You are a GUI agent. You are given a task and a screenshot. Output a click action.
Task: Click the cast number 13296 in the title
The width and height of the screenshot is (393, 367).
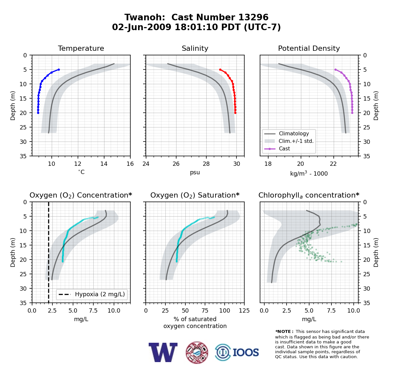click(253, 17)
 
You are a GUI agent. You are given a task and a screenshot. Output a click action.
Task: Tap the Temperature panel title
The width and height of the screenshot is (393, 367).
click(81, 48)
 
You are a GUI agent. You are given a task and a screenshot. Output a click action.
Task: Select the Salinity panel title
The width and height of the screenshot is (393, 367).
click(195, 48)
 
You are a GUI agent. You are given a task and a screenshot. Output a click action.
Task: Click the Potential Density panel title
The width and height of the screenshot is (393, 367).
click(309, 48)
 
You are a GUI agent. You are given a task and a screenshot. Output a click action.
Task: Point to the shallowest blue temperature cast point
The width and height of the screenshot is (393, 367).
click(59, 70)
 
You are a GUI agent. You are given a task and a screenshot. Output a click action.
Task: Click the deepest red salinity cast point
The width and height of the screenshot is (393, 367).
click(235, 113)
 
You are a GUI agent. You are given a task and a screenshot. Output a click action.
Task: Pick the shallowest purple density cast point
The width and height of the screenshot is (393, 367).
click(335, 70)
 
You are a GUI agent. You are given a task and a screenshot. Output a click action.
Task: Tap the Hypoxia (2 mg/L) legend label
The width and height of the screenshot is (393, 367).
click(100, 294)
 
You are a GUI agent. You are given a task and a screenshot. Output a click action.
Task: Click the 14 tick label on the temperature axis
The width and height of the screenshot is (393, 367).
click(104, 164)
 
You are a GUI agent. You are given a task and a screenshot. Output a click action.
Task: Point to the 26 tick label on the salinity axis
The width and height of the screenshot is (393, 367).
click(176, 164)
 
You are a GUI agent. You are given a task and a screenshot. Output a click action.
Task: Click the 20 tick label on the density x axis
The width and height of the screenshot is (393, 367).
click(301, 164)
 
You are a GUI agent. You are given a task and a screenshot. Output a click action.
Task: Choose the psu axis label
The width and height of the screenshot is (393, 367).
click(195, 172)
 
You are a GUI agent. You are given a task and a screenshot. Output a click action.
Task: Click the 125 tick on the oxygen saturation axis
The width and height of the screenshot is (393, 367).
click(244, 311)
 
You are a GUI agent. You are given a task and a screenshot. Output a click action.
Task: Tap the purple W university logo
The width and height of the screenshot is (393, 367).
click(163, 353)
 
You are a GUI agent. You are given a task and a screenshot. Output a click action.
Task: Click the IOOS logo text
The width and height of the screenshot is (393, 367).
click(246, 353)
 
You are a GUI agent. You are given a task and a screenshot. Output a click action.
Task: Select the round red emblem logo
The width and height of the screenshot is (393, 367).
click(197, 353)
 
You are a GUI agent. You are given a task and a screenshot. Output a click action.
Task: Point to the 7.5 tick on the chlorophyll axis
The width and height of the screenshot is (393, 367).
click(331, 311)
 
